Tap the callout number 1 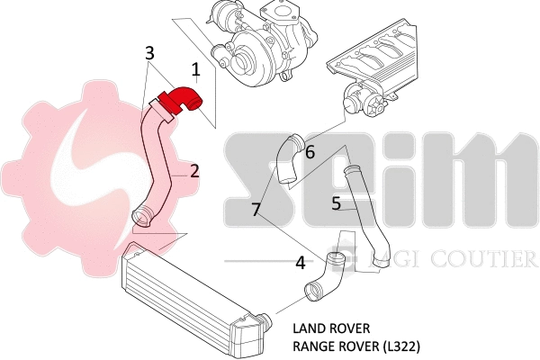tap(195, 67)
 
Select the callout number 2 tap(193, 170)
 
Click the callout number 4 tap(300, 263)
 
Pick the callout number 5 tap(335, 203)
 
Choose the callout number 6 tap(309, 152)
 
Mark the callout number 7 tap(256, 210)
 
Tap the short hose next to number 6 tap(287, 158)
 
